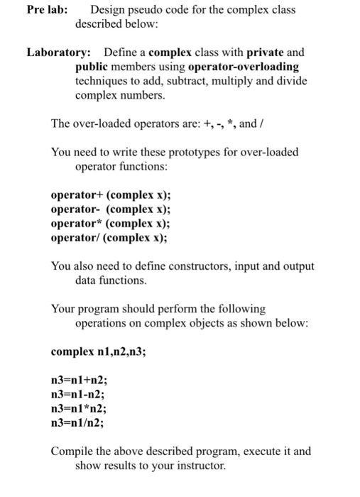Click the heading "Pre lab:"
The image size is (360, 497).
pyautogui.click(x=48, y=10)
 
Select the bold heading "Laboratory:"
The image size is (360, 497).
pyautogui.click(x=58, y=53)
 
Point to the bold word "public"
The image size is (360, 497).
pyautogui.click(x=92, y=67)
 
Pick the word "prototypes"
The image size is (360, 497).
pyautogui.click(x=185, y=152)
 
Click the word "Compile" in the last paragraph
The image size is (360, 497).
pyautogui.click(x=72, y=452)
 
